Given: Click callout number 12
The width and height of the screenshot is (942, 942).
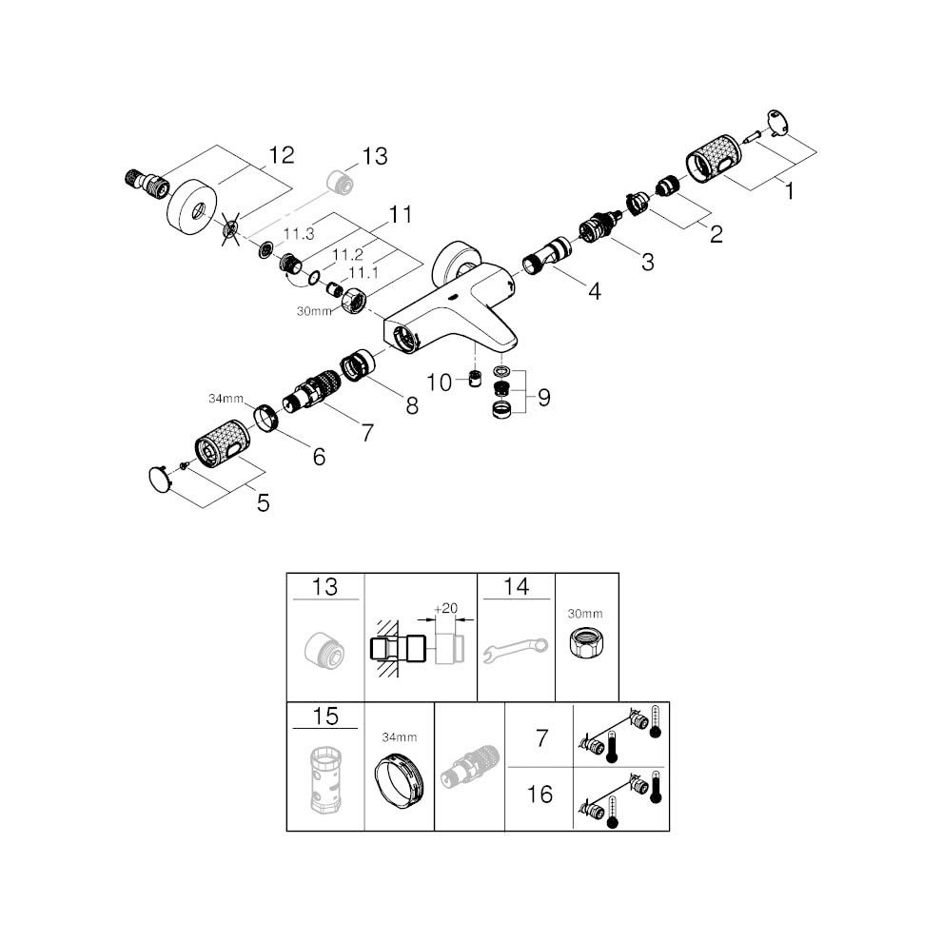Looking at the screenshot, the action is tap(281, 155).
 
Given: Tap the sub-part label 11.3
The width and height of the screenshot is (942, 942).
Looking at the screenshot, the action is tap(299, 234).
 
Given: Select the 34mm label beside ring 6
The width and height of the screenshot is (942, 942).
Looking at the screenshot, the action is tap(226, 399).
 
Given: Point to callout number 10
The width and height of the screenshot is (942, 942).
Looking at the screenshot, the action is tap(439, 383).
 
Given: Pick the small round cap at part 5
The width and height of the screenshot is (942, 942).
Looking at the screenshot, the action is tap(161, 480).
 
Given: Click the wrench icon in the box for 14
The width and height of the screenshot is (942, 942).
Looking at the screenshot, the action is tap(516, 651).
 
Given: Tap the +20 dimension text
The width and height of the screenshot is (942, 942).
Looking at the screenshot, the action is tap(445, 608).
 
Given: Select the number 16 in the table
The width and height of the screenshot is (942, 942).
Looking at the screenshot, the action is tap(540, 795).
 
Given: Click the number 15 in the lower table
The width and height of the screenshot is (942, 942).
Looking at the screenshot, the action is tap(325, 716).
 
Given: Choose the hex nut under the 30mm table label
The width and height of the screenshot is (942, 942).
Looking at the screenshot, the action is tap(586, 642).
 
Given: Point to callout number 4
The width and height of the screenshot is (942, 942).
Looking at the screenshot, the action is tap(594, 292).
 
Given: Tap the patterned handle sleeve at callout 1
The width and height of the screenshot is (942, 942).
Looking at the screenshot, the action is tap(712, 159).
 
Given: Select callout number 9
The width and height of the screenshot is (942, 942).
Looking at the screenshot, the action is tap(544, 397).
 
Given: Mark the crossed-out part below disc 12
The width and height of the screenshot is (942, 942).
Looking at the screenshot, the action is tap(230, 229).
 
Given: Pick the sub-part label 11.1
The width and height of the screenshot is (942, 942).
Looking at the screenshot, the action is tap(363, 273).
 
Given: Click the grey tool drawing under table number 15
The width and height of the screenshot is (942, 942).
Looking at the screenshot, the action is tap(325, 780).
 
